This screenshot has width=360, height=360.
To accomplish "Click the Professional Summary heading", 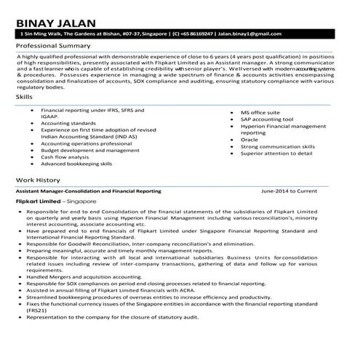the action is click(x=55, y=46).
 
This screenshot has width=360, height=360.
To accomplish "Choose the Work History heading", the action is click(x=38, y=180).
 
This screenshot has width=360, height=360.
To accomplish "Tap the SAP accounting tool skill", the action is click(x=268, y=120).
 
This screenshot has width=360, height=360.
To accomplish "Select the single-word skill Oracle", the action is click(x=250, y=140).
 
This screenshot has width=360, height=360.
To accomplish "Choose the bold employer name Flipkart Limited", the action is click(x=39, y=200).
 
